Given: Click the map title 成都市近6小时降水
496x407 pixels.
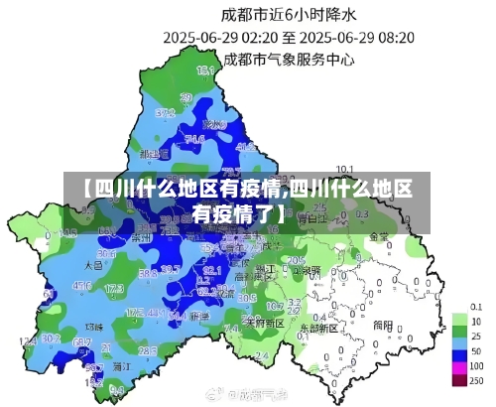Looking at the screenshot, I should click(x=287, y=14).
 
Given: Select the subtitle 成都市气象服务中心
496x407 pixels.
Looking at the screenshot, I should click(x=290, y=59).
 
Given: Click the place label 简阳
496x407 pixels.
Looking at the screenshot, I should click(x=383, y=324).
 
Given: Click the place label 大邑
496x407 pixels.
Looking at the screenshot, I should click(x=93, y=266).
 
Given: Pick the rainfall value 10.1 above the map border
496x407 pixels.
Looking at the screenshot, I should click(x=345, y=168).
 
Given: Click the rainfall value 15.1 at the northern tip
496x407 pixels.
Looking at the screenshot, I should click(x=205, y=70).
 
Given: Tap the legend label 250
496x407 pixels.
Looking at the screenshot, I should click(x=476, y=380).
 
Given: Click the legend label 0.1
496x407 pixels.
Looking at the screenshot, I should click(x=476, y=307).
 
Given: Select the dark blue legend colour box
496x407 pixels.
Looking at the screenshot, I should click(x=459, y=352).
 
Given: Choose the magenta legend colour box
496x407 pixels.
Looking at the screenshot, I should click(x=459, y=380).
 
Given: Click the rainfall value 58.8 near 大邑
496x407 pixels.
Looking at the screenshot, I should click(x=148, y=273).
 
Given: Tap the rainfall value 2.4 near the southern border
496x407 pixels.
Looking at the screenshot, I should click(x=261, y=354).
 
